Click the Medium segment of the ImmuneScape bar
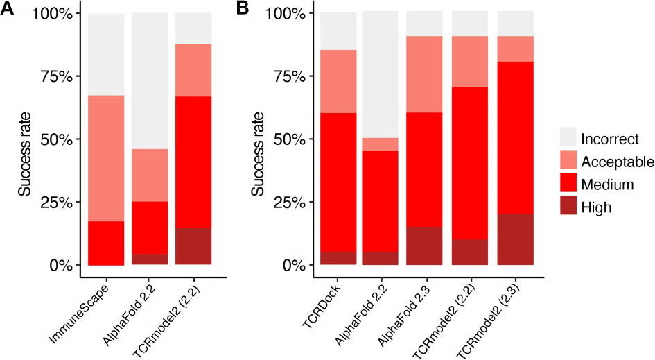(106, 243)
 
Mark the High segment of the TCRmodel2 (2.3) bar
(515, 239)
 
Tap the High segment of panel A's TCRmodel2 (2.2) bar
(193, 246)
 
